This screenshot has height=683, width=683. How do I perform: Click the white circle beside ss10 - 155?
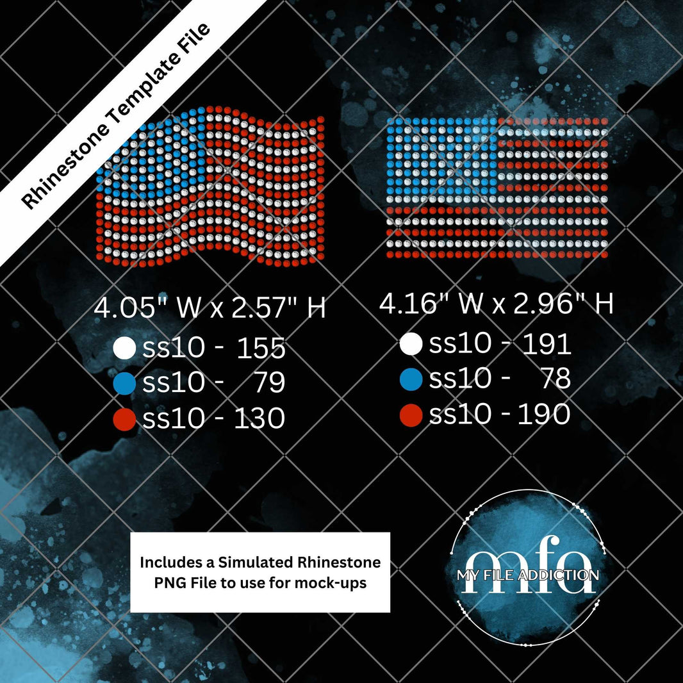(124, 348)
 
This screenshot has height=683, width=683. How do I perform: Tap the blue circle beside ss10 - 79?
(124, 383)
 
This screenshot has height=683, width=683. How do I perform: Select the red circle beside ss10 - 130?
(124, 419)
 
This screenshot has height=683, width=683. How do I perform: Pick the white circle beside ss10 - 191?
(411, 344)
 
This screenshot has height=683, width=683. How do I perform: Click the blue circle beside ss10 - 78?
(411, 379)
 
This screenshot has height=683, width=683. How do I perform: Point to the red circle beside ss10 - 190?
(411, 415)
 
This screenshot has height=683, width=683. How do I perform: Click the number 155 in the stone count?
(261, 348)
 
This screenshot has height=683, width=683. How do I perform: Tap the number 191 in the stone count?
(547, 344)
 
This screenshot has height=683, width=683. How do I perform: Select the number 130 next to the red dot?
(259, 418)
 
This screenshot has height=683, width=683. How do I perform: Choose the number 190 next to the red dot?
(544, 415)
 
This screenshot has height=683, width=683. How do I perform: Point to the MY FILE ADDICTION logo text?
(527, 575)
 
